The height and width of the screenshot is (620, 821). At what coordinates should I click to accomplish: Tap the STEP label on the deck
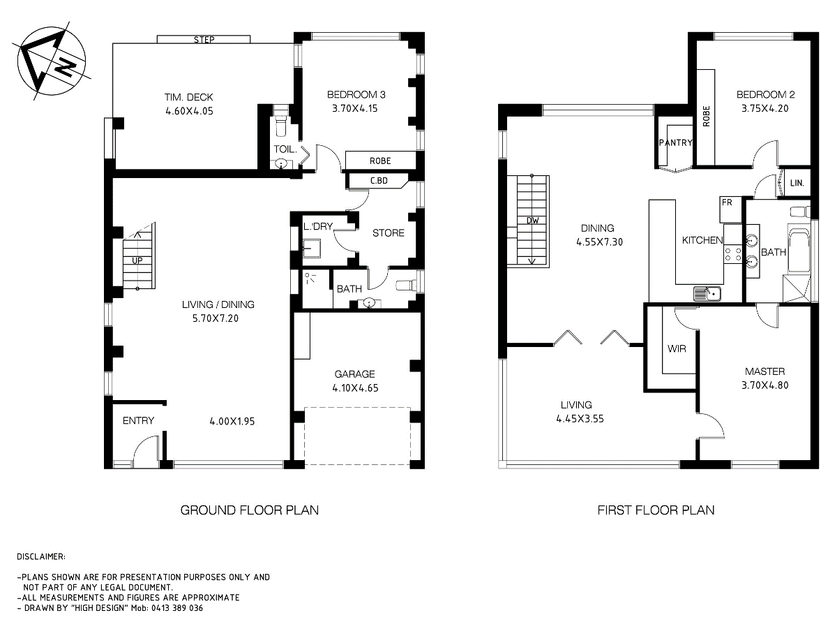204,40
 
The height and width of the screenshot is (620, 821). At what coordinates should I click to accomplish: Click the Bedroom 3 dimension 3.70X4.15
356,108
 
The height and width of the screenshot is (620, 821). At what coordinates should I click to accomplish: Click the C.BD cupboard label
379,182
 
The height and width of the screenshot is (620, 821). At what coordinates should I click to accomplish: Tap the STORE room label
388,232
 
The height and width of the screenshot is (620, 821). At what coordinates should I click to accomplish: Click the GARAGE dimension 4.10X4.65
354,387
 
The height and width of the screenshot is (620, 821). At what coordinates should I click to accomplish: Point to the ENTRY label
138,420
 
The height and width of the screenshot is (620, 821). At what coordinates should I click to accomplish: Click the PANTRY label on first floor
675,143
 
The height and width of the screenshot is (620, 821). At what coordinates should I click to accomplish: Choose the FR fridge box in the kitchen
726,202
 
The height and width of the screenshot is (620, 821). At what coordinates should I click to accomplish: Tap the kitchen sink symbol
709,294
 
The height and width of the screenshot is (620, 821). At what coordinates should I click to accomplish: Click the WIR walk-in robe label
677,348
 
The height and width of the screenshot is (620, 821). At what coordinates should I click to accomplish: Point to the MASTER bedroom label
764,371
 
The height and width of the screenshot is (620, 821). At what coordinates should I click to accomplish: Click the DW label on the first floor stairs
532,221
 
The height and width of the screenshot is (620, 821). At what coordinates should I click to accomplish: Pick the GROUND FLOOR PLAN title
249,510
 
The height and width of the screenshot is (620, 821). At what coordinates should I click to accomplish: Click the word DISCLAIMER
41,556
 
